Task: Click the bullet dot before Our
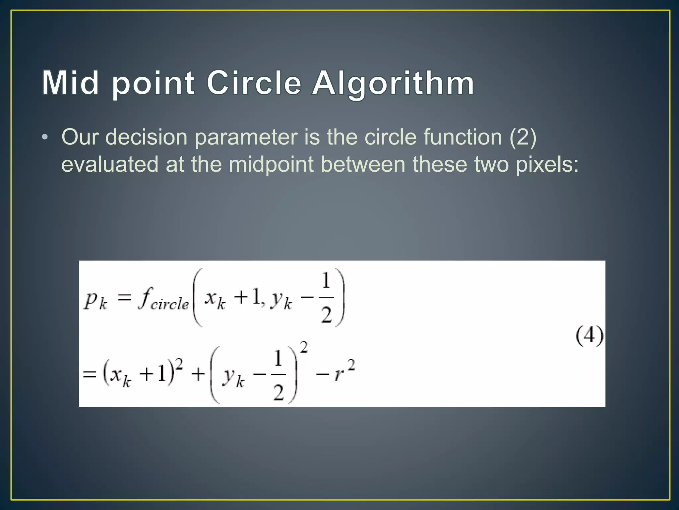pyautogui.click(x=45, y=137)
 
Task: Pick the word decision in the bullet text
pyautogui.click(x=147, y=137)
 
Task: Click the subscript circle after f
pyautogui.click(x=169, y=304)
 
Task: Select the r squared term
pyautogui.click(x=344, y=370)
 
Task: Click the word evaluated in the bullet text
pyautogui.click(x=110, y=165)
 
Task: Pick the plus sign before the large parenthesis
pyautogui.click(x=198, y=375)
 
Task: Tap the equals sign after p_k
pyautogui.click(x=124, y=297)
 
